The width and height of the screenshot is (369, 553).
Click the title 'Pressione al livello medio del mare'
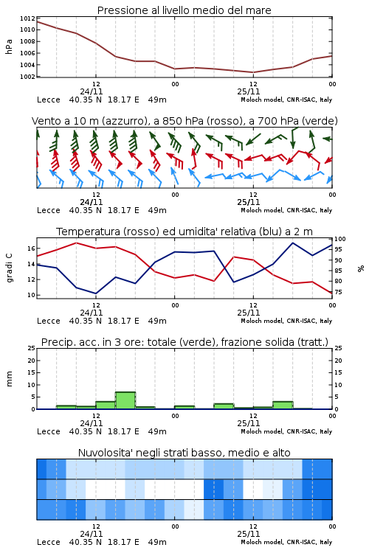pos(184,10)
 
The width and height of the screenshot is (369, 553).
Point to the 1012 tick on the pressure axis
pos(27,18)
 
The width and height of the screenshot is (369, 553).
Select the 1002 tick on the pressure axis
pos(27,77)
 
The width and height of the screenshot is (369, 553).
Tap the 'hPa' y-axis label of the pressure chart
pos(9,46)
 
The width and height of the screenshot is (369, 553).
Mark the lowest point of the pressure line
pos(253,72)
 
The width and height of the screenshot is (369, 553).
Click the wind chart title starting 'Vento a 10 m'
pos(184,121)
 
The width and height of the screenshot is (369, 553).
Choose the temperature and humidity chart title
pos(184,232)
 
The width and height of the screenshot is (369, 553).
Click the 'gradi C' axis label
pos(9,268)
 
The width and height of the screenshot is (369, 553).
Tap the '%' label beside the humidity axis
pos(361,268)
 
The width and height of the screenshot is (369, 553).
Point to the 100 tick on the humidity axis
pos(340,239)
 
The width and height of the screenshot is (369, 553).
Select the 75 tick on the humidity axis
pos(338,292)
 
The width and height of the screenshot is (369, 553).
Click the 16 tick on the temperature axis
pos(32,248)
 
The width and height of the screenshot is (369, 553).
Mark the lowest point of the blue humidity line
pos(96,293)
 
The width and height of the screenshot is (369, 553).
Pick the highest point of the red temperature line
pos(76,243)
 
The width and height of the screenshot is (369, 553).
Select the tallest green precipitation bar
pos(125,400)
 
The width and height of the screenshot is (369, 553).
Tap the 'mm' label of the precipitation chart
pos(9,379)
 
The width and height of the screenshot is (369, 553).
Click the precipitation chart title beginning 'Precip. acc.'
pos(184,342)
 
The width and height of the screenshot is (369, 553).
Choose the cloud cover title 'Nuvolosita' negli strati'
pos(184,453)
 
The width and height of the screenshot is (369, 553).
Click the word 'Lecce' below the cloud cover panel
pos(49,542)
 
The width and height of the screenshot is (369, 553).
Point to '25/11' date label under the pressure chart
pos(248,91)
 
